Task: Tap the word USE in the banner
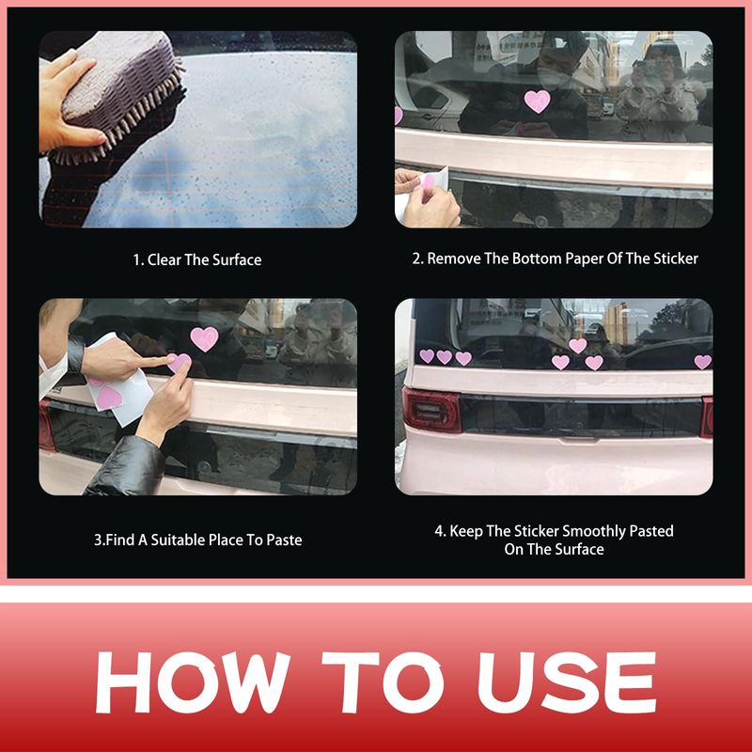click(x=567, y=681)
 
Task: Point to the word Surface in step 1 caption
click(x=237, y=260)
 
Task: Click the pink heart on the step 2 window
click(x=537, y=102)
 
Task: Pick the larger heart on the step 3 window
click(x=204, y=338)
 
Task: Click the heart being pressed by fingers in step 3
click(x=180, y=362)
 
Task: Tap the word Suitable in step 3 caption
click(x=178, y=540)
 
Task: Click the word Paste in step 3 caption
click(x=285, y=540)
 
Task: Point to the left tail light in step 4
click(x=431, y=410)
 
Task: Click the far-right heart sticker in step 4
click(x=702, y=362)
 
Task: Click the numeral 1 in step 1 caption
click(x=136, y=260)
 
